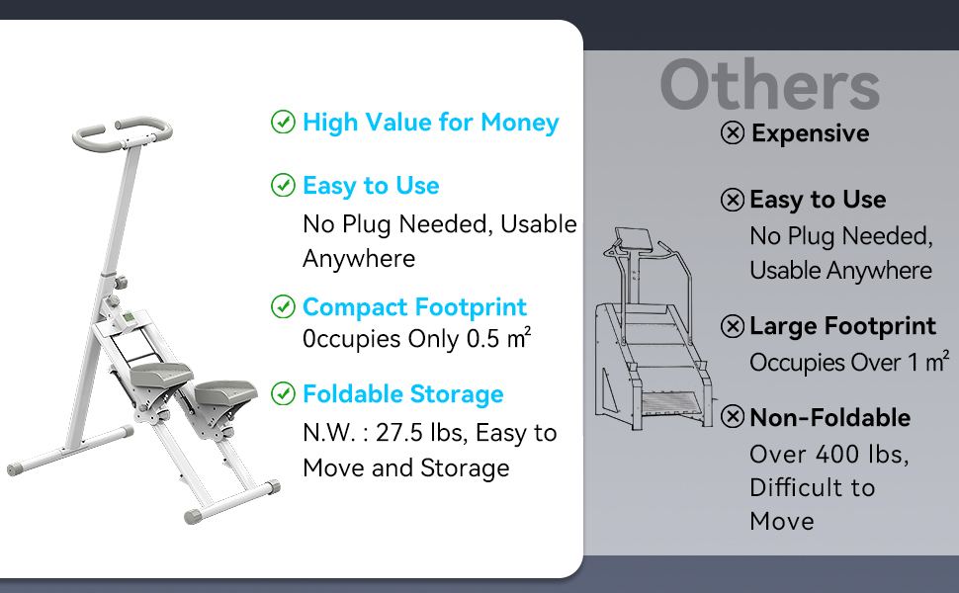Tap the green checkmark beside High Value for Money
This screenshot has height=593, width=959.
click(283, 122)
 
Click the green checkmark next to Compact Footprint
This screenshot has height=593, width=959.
click(283, 307)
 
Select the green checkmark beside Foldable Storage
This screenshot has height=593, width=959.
click(283, 393)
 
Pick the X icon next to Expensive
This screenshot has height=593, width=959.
click(732, 132)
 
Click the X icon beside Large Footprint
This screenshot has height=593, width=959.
click(732, 326)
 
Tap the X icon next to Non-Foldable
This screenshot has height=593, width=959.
click(732, 417)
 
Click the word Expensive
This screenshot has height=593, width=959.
click(811, 133)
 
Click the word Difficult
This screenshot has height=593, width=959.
click(790, 488)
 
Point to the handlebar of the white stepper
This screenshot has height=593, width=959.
click(123, 132)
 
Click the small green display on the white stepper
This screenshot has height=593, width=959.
click(129, 318)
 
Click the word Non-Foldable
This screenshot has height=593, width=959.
click(829, 418)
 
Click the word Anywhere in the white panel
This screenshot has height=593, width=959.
click(359, 259)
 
